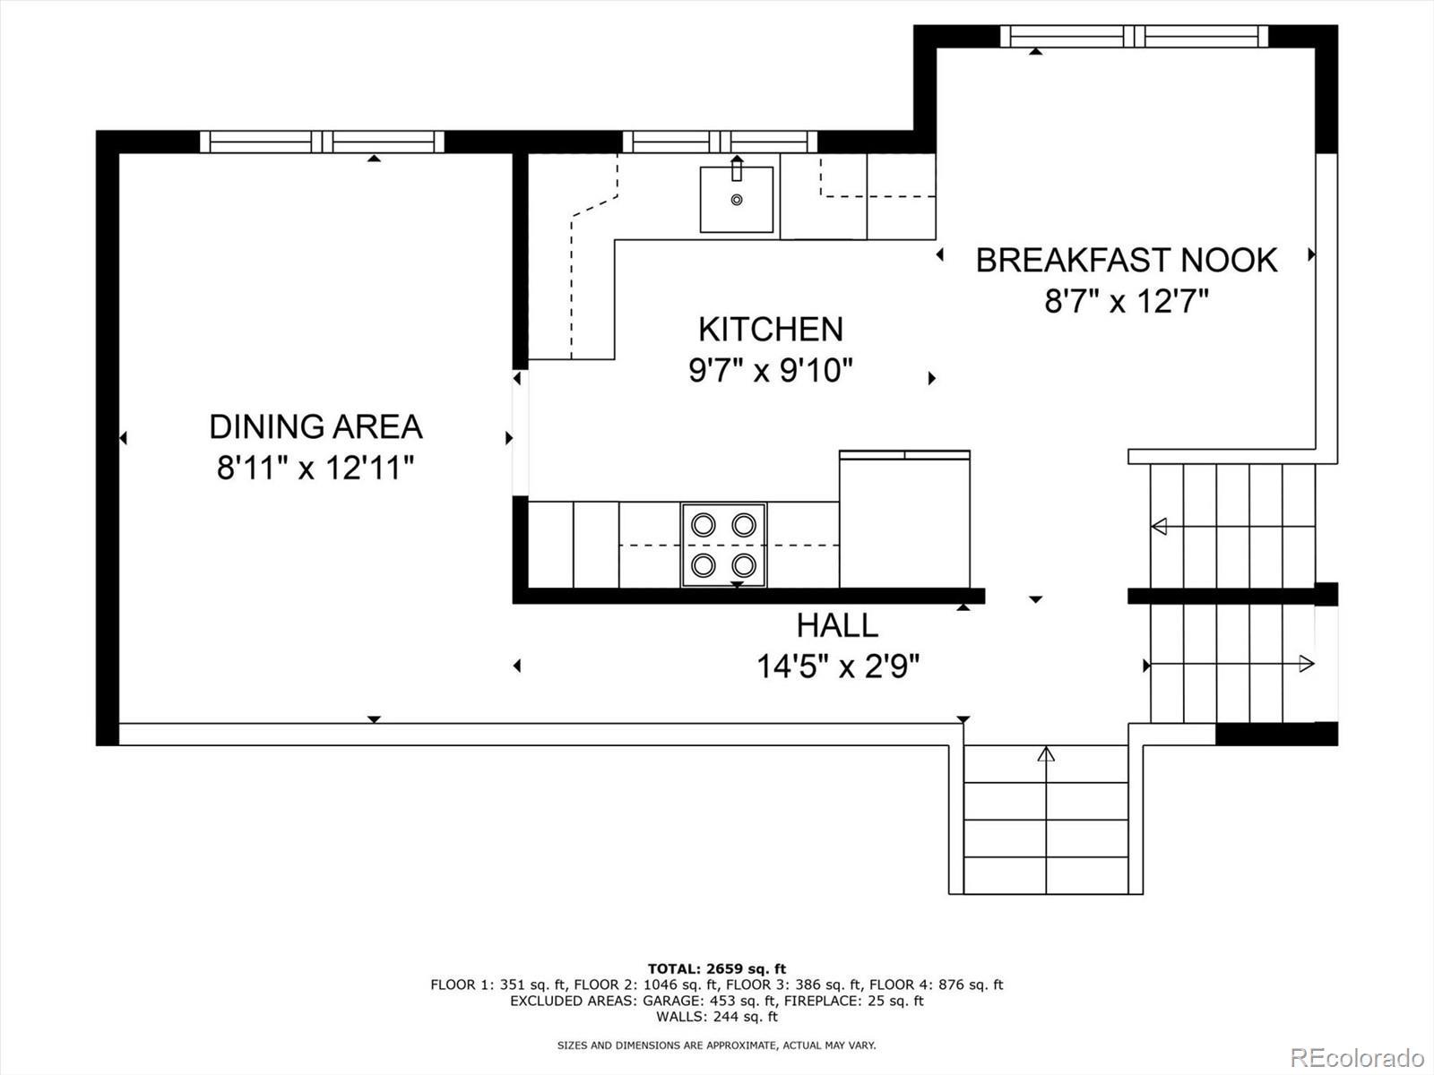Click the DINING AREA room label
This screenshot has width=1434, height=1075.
point(315,427)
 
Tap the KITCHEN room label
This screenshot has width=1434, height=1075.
point(771,329)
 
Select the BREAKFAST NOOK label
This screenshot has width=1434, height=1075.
point(1127,260)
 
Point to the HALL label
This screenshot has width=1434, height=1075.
point(837,625)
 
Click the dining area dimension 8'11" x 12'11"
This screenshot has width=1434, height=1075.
point(315,468)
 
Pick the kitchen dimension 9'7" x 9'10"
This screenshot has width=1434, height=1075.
point(771,371)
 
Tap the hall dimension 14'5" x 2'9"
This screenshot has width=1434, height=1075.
point(838,667)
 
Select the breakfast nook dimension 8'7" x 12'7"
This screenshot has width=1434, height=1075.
point(1127,302)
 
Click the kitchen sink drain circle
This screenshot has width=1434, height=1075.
point(737,200)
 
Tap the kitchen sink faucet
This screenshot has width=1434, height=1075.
point(737,168)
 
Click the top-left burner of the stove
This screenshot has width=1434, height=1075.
point(704,525)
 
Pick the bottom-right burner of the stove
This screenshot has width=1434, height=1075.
point(744,564)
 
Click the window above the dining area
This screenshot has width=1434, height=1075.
point(322,142)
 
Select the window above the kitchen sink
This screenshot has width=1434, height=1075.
point(720,142)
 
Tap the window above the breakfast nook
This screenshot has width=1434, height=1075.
point(1134,36)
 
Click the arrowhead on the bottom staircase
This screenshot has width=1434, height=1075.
point(1046,754)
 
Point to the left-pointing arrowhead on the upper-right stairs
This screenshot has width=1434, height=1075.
point(1159,526)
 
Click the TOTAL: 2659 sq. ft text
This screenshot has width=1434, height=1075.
point(717,968)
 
